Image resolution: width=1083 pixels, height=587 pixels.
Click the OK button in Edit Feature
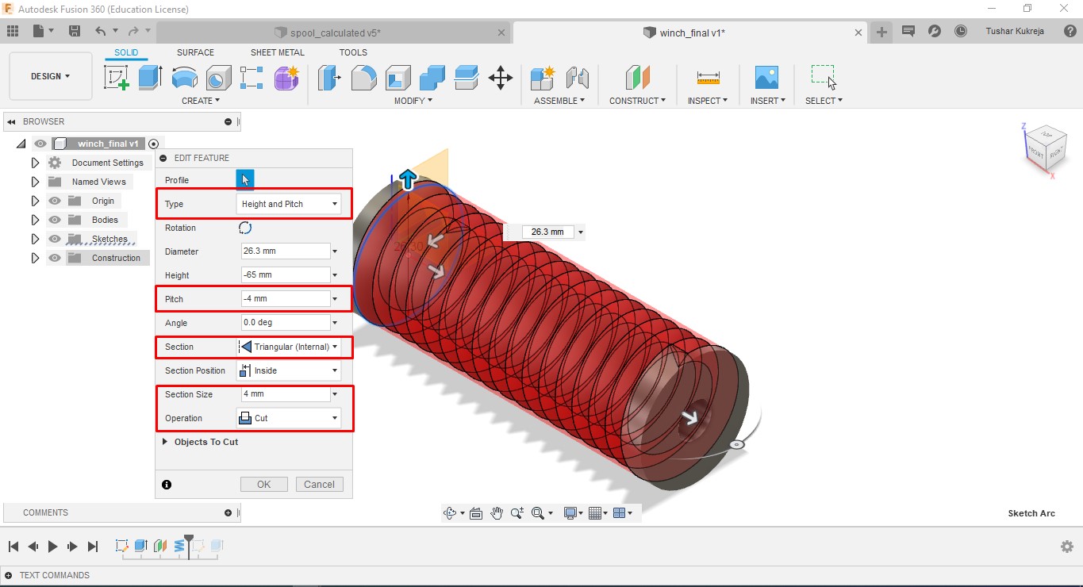click(x=264, y=484)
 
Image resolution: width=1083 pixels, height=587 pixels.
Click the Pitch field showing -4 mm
click(x=286, y=298)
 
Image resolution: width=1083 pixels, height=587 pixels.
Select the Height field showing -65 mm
click(x=286, y=274)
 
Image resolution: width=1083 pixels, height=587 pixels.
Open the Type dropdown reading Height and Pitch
click(x=288, y=204)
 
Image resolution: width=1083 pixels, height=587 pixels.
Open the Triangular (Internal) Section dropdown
click(x=288, y=347)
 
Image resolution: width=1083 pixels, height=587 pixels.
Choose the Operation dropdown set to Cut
click(x=288, y=418)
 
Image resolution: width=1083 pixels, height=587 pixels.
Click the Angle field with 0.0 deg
click(x=286, y=322)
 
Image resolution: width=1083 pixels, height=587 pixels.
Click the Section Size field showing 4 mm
click(x=286, y=393)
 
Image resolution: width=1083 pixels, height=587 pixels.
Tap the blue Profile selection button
click(x=245, y=180)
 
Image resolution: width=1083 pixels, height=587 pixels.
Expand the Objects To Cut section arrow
click(x=165, y=442)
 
